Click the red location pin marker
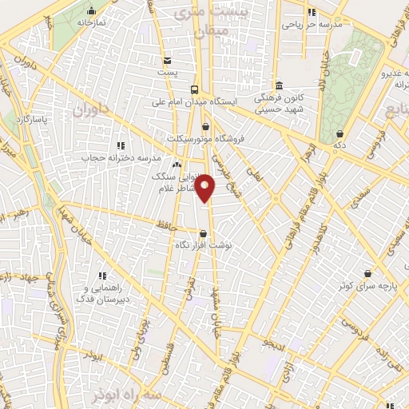(206, 189)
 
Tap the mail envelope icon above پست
(166, 61)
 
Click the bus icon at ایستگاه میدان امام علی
(196, 89)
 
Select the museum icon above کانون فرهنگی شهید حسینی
(278, 85)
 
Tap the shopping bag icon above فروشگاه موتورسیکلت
(206, 125)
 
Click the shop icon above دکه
(341, 133)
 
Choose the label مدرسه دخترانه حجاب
(117, 157)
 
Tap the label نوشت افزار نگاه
(204, 246)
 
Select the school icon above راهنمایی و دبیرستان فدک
(102, 275)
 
